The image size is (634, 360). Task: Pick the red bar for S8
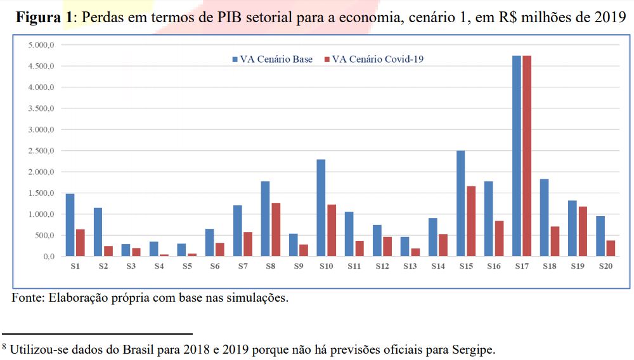pos(276,229)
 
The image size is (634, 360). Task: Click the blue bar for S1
pos(70,225)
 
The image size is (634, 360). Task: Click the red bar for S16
pos(500,238)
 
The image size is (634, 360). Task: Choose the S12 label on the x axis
pos(382,267)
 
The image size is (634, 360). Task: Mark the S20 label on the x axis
pos(605,267)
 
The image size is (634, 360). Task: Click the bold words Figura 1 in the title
pos(44,17)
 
